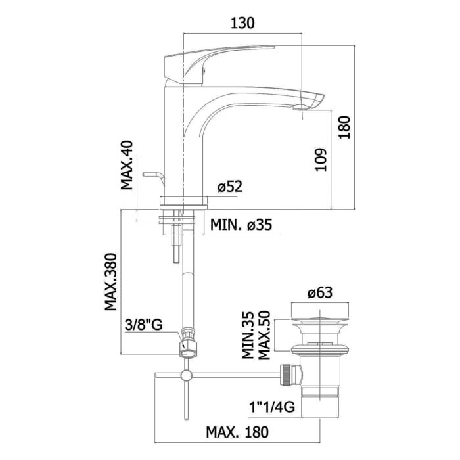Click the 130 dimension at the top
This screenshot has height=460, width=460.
click(242, 23)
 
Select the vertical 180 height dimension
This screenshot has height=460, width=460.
click(345, 127)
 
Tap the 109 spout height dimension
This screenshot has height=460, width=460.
click(321, 160)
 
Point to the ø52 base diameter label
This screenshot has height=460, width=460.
click(230, 186)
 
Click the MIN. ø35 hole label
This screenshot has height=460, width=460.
click(241, 225)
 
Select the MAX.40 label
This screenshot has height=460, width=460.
click(127, 165)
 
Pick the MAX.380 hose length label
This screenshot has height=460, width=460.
click(111, 282)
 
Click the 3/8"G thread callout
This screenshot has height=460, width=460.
click(144, 325)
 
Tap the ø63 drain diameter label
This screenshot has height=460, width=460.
click(320, 292)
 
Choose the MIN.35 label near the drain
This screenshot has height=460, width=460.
click(248, 335)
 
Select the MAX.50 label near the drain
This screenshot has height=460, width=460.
click(264, 335)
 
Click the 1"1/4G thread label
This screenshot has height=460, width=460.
click(272, 407)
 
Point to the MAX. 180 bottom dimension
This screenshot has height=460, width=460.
click(237, 432)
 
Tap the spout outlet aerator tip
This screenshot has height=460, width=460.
click(299, 107)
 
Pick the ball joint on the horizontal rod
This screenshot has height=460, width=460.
click(186, 375)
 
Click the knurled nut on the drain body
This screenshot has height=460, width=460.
click(286, 375)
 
